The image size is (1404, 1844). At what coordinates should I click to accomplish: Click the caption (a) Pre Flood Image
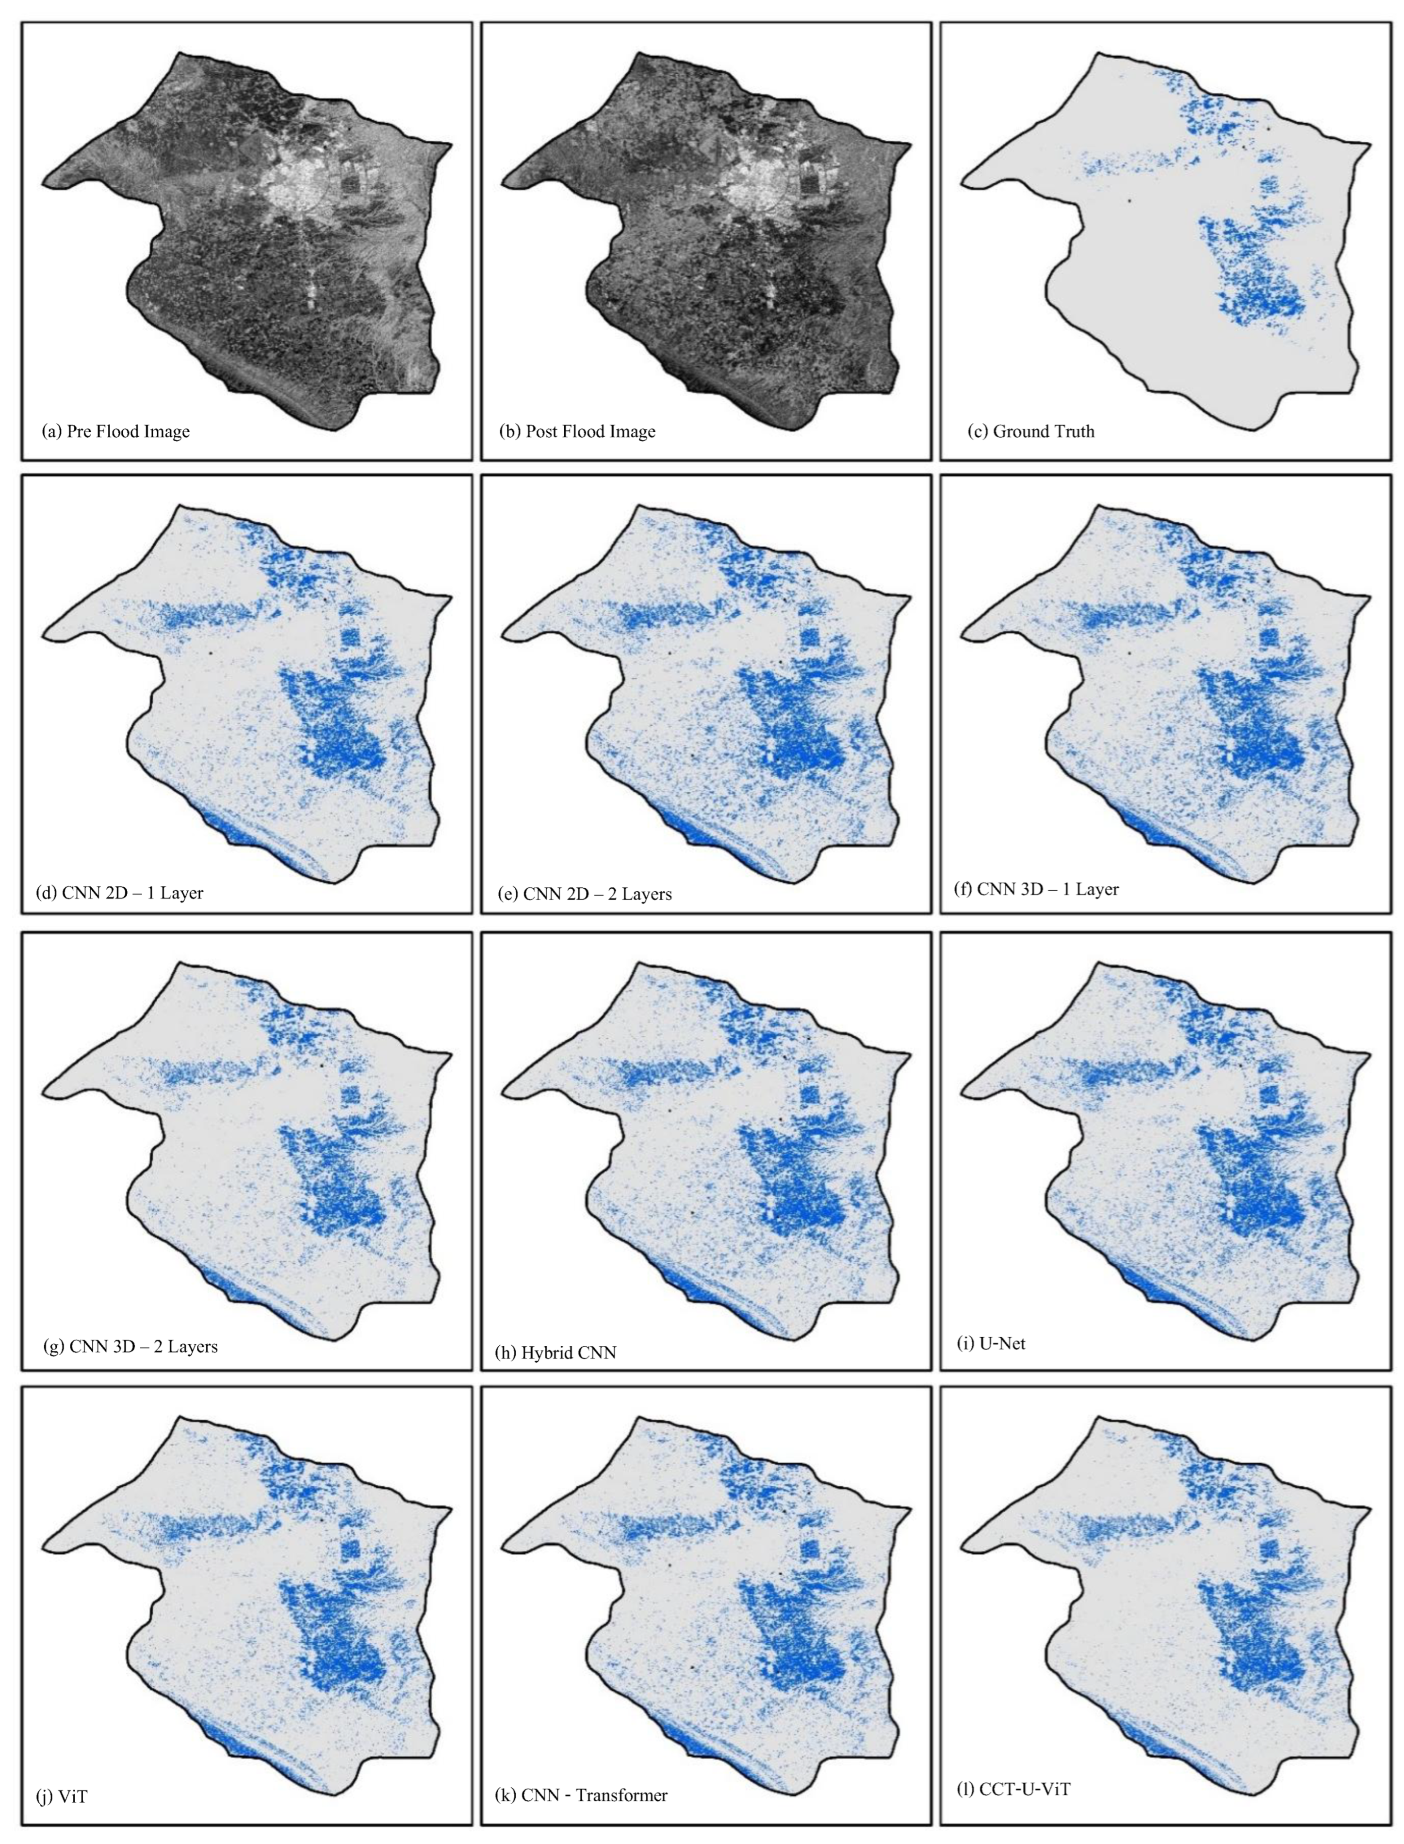tap(115, 432)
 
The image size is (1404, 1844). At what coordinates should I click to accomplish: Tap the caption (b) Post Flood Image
tap(577, 432)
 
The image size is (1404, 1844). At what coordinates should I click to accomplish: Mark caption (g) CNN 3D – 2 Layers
tap(131, 1347)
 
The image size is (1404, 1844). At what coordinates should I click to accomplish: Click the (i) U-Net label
tap(990, 1343)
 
